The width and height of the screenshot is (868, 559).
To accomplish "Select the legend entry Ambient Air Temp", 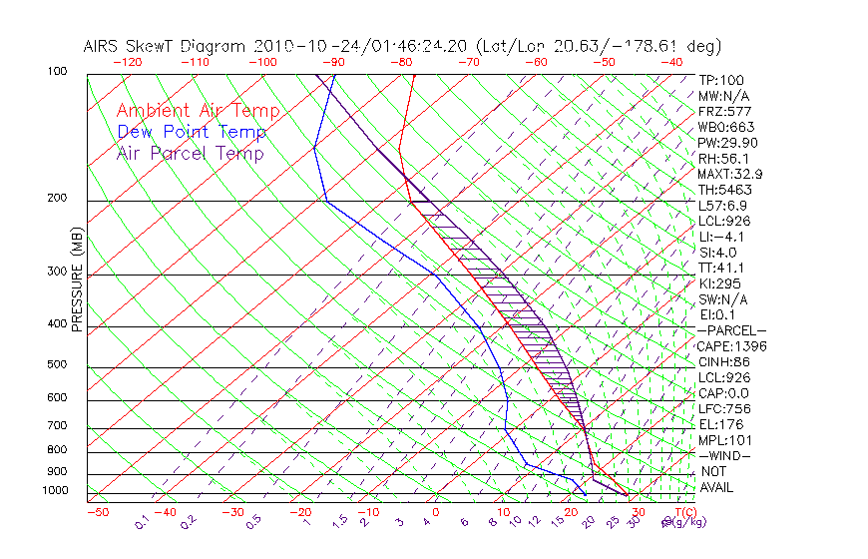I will tap(198, 111).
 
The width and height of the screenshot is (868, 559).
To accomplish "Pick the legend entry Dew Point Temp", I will tap(192, 132).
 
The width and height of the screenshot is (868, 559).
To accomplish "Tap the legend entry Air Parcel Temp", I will tap(191, 153).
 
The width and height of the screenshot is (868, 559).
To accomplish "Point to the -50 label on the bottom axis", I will tap(97, 512).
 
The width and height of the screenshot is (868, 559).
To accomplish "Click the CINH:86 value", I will tap(721, 361).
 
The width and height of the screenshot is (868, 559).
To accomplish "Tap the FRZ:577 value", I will tap(720, 111).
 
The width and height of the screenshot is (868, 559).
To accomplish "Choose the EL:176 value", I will tap(715, 424).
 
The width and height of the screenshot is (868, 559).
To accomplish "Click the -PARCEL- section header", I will tap(731, 330).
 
